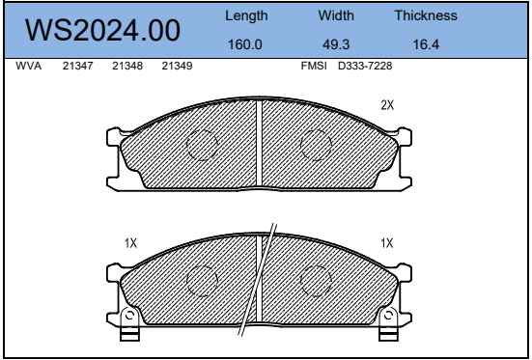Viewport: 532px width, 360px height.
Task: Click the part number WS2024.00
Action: pos(103,31)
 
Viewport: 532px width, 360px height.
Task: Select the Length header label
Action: pos(246,17)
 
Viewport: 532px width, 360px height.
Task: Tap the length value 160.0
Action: pos(246,43)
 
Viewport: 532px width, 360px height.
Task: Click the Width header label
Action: pos(337,17)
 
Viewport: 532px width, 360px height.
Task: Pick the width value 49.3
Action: pos(337,43)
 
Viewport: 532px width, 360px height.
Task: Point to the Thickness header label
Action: pos(426,17)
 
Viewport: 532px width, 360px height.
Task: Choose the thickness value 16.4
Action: pos(426,43)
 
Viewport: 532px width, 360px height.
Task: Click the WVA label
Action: pos(30,66)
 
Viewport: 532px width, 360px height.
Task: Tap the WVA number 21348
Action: pos(127,66)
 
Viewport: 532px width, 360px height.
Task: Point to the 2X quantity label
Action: pos(387,105)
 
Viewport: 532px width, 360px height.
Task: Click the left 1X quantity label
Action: pos(131,243)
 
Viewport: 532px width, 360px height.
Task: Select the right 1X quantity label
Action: pos(387,243)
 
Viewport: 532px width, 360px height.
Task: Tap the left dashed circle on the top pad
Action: pos(203,145)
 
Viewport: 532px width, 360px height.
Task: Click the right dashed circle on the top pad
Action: pos(316,145)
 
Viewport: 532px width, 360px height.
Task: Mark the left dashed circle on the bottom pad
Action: pos(203,281)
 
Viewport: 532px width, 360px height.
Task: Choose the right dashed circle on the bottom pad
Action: pos(316,281)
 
